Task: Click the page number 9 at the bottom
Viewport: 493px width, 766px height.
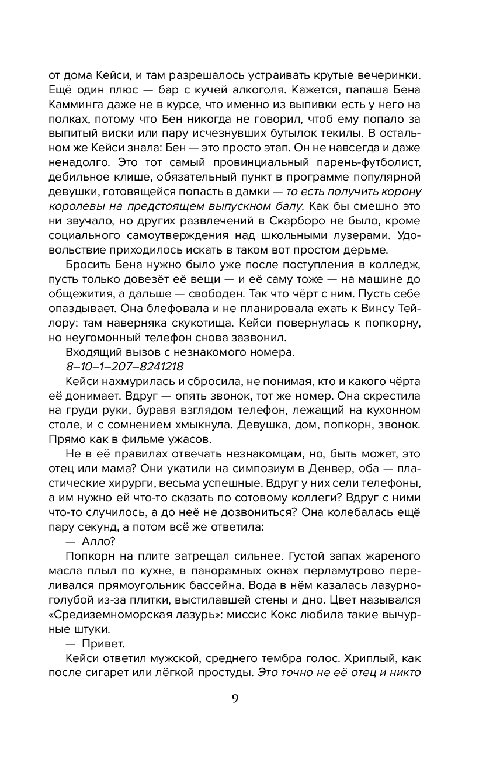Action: pyautogui.click(x=234, y=699)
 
